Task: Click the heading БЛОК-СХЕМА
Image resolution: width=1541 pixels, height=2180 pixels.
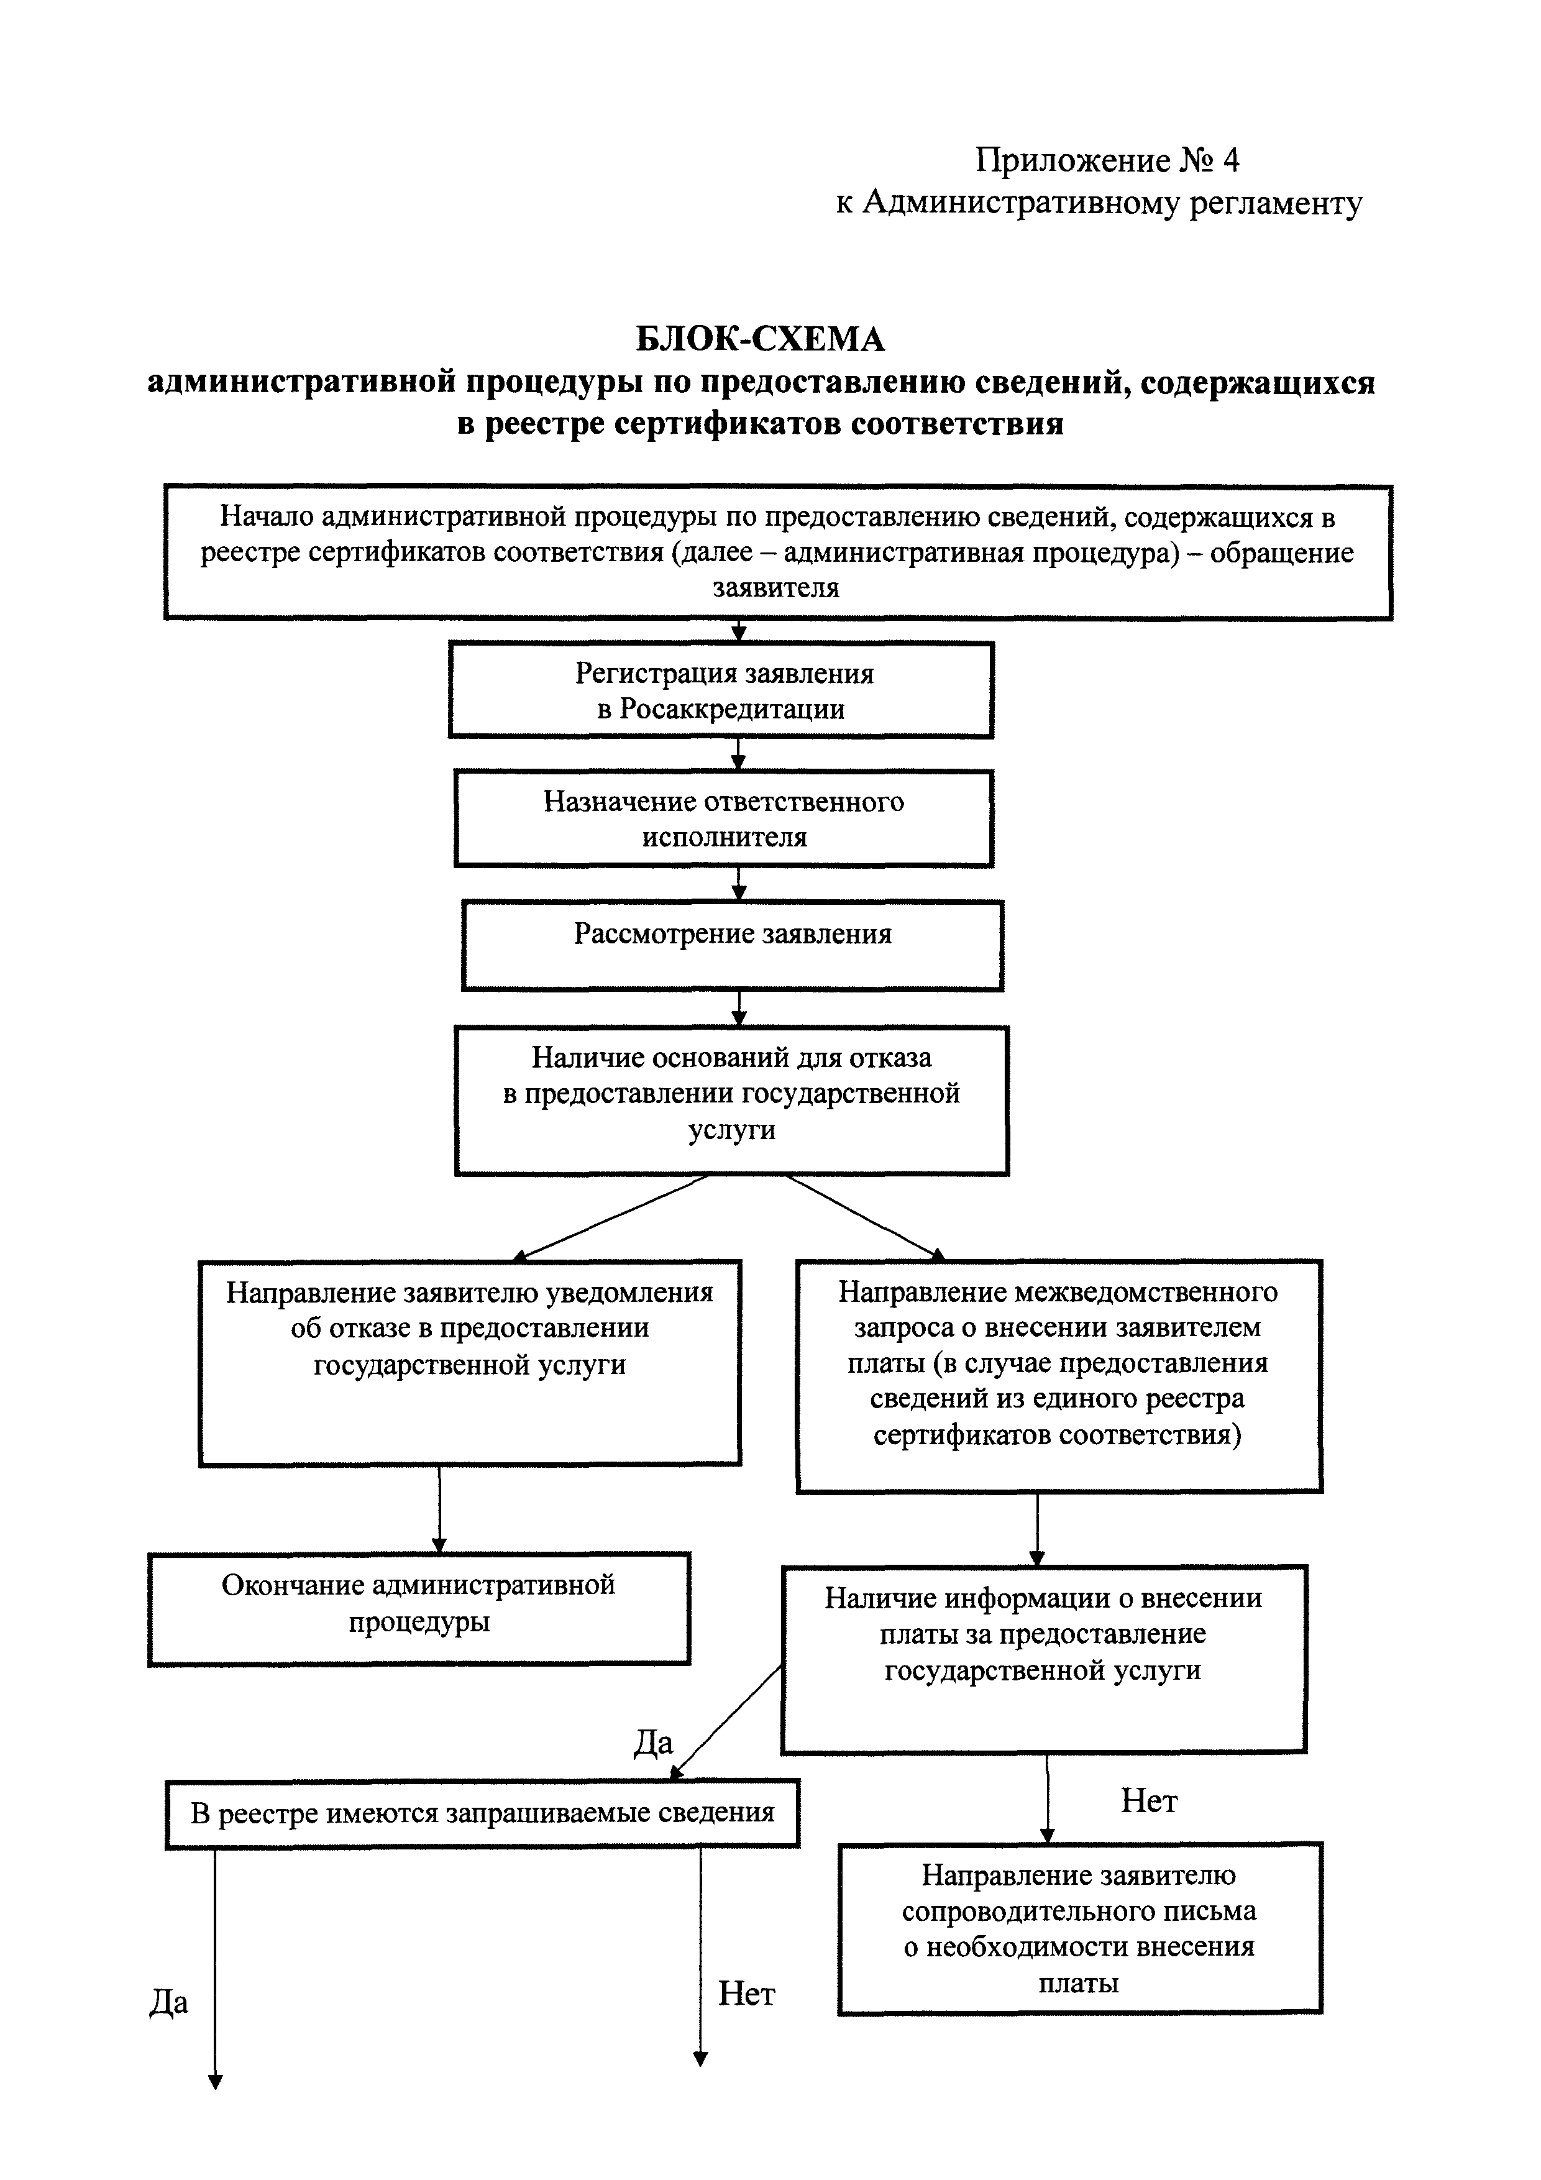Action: point(759,339)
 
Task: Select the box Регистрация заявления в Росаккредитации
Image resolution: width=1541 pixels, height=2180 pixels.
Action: point(721,690)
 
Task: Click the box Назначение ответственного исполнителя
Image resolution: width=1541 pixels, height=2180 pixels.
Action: point(723,818)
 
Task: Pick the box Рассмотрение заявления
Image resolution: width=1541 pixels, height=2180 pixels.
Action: point(732,946)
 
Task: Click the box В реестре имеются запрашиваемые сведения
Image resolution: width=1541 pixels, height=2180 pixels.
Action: point(482,1813)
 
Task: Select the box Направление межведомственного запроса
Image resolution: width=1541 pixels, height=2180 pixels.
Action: point(1059,1376)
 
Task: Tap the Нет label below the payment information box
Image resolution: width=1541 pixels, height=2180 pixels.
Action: point(1149,1800)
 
